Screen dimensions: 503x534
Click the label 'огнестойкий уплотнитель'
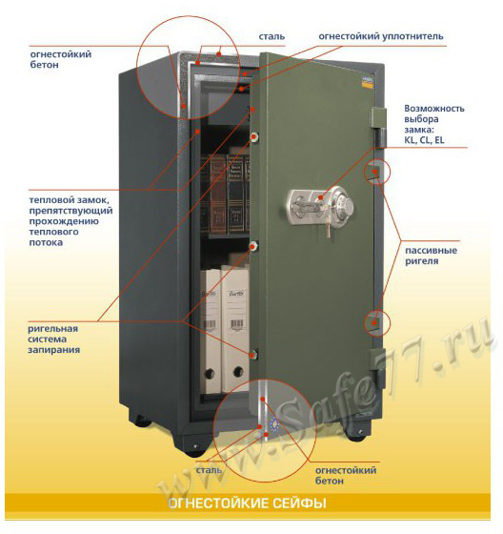(x=381, y=36)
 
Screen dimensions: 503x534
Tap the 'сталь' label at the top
(x=272, y=36)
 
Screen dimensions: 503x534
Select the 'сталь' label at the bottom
(x=209, y=470)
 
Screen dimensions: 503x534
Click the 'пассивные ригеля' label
(x=431, y=256)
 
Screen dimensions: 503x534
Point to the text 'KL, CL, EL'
(x=424, y=140)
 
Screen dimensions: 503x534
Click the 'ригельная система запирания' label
(x=53, y=339)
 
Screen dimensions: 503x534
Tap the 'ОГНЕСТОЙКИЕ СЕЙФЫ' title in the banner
(x=248, y=503)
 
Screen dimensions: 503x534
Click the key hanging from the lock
(x=328, y=228)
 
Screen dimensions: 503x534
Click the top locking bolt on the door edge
(x=254, y=137)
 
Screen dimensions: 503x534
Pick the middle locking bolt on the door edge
(x=253, y=246)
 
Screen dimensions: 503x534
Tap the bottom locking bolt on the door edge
(x=252, y=354)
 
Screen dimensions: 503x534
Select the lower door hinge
(x=378, y=368)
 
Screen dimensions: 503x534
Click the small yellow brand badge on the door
(x=366, y=82)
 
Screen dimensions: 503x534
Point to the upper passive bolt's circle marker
(x=377, y=171)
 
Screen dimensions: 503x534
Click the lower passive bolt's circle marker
(x=376, y=322)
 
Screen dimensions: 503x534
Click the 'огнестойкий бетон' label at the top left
(x=61, y=59)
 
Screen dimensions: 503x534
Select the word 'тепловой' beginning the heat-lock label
(x=51, y=199)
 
